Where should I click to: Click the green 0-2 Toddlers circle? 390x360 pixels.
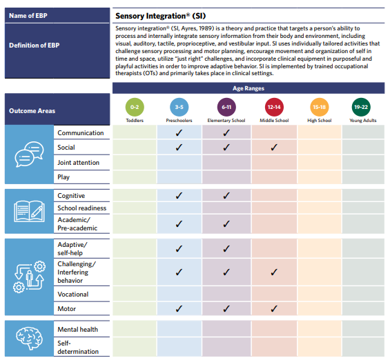135,107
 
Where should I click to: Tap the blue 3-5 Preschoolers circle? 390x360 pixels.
179,107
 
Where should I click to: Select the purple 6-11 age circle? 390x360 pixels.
226,107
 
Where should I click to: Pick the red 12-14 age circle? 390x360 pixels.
274,107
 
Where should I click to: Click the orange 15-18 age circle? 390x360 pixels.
320,107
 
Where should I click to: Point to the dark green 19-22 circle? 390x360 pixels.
361,107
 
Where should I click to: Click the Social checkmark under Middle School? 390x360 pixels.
274,148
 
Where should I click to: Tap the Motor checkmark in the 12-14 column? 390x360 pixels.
274,308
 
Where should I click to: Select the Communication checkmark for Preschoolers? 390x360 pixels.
179,133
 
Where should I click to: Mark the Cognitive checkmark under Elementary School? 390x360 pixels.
226,196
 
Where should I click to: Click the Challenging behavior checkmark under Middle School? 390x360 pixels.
274,272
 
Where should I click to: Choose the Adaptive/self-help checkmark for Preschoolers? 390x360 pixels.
179,249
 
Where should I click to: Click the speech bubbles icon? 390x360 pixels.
29,154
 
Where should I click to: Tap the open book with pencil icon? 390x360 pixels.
30,211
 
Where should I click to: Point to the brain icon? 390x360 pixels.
29,338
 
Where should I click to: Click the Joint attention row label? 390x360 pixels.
79,163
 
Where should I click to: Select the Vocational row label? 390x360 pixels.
73,294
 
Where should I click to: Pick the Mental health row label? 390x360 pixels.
77,330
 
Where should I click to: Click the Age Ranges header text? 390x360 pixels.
248,88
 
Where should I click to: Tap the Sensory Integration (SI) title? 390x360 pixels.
161,16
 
